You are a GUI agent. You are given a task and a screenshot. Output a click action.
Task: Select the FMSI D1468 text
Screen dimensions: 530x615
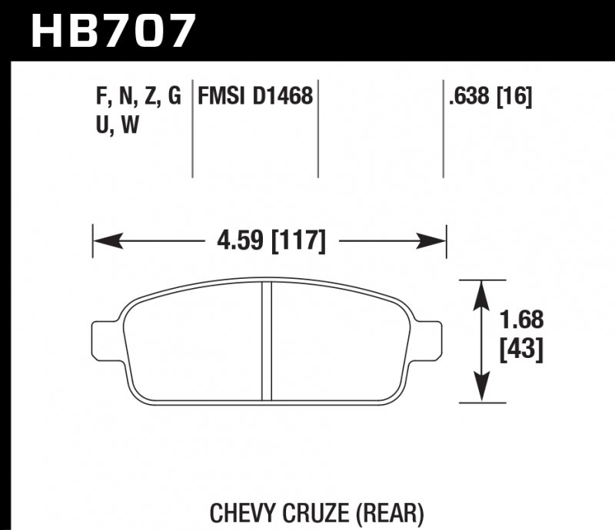pyautogui.click(x=255, y=97)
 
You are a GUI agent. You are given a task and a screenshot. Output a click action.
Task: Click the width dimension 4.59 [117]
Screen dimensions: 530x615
pyautogui.click(x=269, y=241)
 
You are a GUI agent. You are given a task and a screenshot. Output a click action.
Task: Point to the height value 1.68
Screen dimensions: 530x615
pyautogui.click(x=522, y=318)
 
